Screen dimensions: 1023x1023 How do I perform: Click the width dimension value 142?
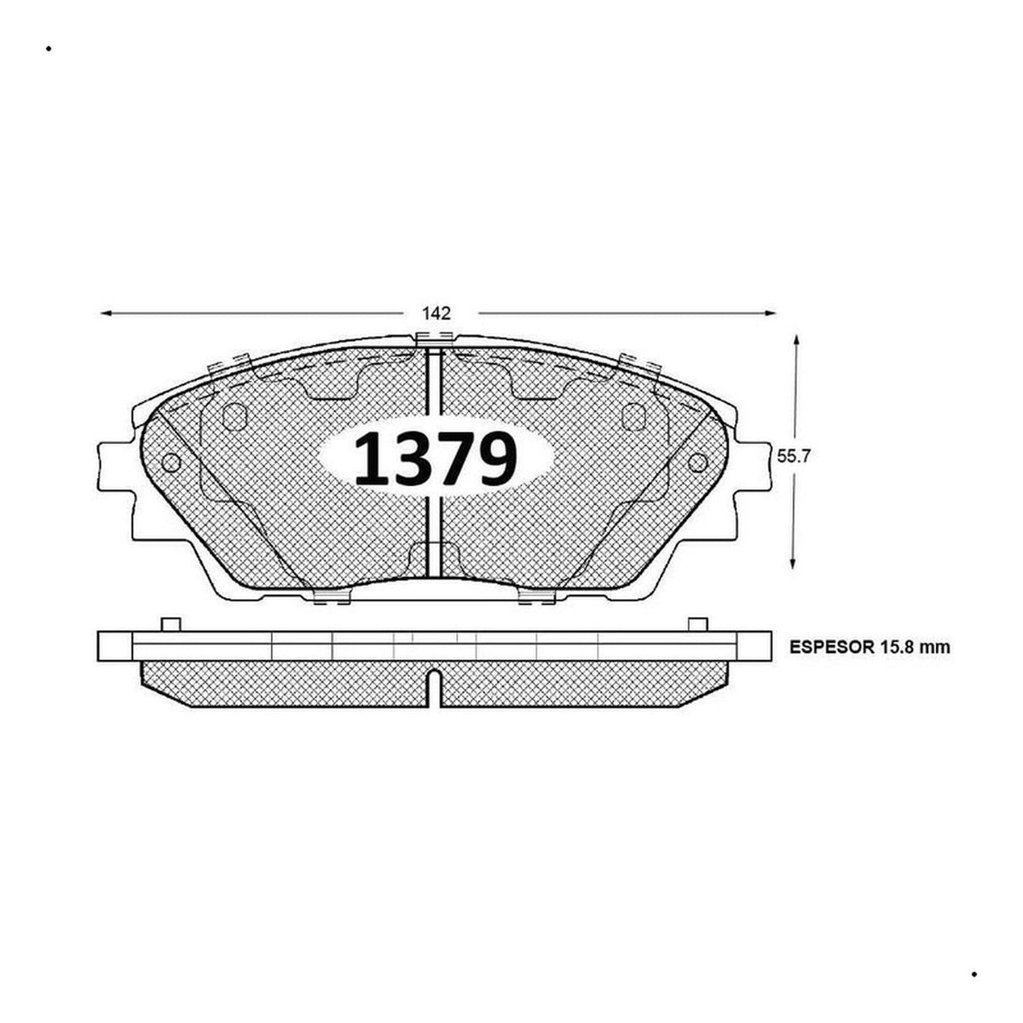click(436, 313)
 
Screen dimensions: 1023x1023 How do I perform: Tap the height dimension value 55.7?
click(793, 456)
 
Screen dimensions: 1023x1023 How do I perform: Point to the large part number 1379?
click(436, 458)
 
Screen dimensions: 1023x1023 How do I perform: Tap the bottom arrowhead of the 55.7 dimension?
click(793, 564)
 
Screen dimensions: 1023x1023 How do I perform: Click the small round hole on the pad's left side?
click(171, 462)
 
